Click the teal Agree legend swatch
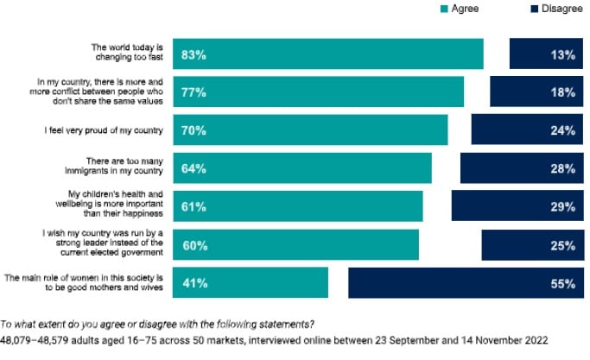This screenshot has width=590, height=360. click(444, 9)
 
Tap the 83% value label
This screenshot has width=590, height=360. click(193, 54)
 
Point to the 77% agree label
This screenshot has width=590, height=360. click(193, 92)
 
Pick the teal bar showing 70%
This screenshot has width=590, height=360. click(311, 130)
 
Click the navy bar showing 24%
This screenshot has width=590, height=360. click(526, 130)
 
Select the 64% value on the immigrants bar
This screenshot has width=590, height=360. click(193, 168)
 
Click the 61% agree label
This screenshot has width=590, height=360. click(193, 206)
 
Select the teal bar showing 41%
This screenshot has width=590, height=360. click(251, 283)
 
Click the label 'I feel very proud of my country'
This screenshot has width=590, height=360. click(105, 130)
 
